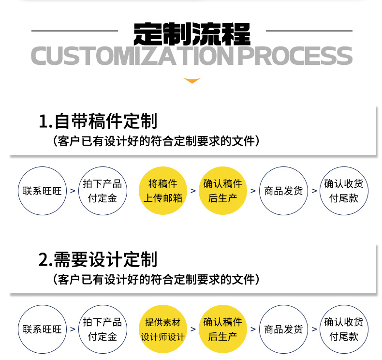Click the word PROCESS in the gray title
tap(296, 56)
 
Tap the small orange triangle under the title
tap(192, 81)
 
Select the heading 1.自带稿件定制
tap(98, 120)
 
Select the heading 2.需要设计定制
tap(98, 259)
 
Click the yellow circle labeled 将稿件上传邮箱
tap(162, 191)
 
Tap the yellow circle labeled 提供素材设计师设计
tap(162, 330)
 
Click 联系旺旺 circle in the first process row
tap(42, 191)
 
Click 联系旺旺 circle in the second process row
tap(42, 330)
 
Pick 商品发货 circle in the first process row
tap(283, 191)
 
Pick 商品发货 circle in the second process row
tap(283, 330)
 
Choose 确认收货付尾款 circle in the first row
tap(343, 191)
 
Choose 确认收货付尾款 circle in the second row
tap(343, 330)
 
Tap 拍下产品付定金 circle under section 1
tap(102, 191)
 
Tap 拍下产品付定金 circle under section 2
tap(102, 330)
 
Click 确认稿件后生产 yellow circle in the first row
tap(223, 191)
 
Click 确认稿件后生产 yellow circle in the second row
tap(223, 330)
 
